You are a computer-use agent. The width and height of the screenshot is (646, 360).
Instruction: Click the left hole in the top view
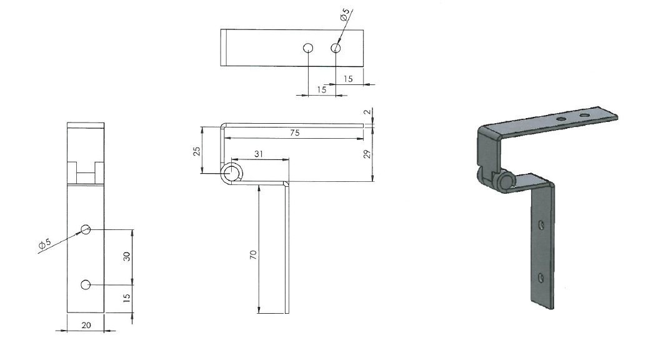point(307,48)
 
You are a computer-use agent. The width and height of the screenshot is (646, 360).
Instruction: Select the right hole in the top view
point(335,48)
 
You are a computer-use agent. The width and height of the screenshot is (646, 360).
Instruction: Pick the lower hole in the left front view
point(86,285)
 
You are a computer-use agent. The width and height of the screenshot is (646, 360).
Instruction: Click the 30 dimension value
point(126,257)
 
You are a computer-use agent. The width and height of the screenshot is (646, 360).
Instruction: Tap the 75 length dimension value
point(294,132)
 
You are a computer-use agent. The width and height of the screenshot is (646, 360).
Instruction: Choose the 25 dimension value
point(197,151)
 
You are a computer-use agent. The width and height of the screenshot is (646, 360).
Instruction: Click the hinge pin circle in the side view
point(232,174)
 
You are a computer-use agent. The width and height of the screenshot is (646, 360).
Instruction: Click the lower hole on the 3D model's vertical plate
point(541,276)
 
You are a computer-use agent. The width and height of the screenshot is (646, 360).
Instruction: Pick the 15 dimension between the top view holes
point(322,89)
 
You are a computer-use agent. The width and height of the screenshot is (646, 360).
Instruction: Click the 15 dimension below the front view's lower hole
point(126,299)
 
